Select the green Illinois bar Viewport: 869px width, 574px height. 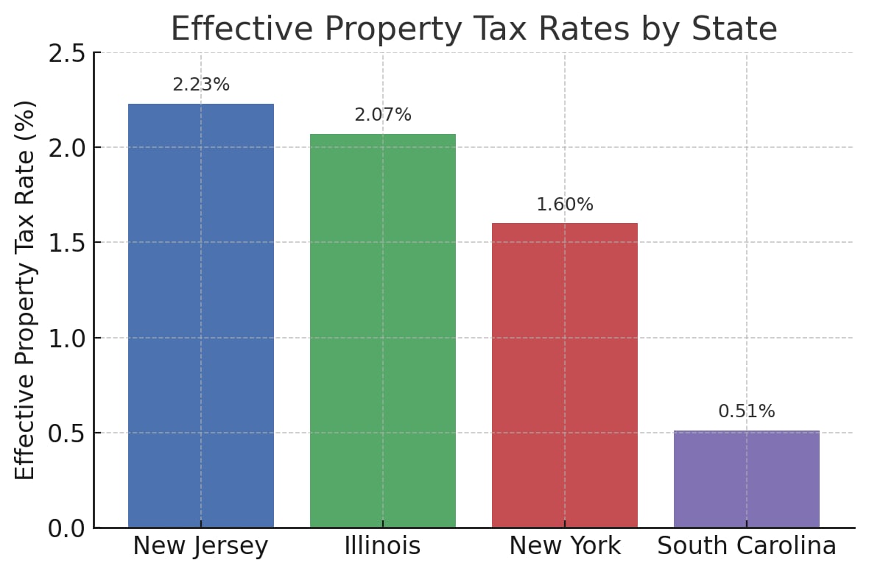[x=383, y=330]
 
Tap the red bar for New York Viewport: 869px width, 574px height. [x=565, y=375]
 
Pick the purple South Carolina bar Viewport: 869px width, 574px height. [x=747, y=479]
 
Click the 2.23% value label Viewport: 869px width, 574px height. [x=201, y=85]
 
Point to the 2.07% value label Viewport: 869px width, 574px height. [x=383, y=116]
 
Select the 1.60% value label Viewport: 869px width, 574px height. [x=565, y=205]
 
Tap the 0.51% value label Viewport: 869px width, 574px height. [x=747, y=412]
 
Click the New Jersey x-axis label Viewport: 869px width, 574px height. [x=201, y=547]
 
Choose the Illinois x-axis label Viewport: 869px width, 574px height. [x=383, y=547]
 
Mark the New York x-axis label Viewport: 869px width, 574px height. [x=565, y=547]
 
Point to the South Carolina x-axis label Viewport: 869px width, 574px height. [x=747, y=547]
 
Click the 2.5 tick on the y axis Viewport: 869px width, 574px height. [x=67, y=54]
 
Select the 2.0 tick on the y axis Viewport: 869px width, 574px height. [x=67, y=148]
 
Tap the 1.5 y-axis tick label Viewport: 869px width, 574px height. [x=67, y=243]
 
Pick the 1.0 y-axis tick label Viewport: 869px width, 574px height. [x=67, y=339]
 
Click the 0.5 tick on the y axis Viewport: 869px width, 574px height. [x=67, y=433]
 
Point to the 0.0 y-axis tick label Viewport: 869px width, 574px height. [x=67, y=528]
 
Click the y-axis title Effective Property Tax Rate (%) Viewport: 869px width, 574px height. [x=26, y=289]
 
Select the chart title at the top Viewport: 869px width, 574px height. [x=474, y=29]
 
